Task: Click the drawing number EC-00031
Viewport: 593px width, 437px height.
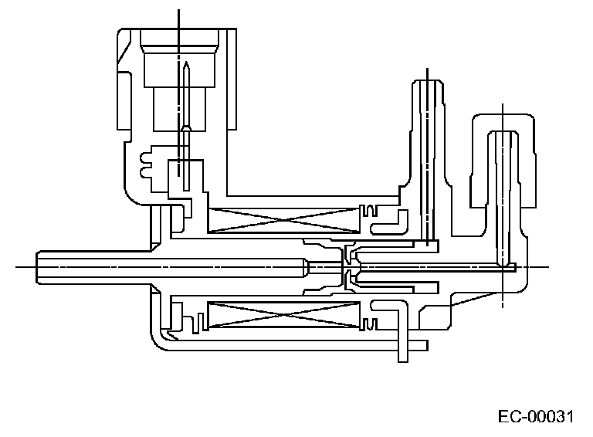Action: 536,418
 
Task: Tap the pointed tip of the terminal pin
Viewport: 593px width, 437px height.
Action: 187,63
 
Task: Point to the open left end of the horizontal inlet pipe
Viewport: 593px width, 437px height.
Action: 37,266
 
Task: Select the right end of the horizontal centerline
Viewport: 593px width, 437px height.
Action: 548,266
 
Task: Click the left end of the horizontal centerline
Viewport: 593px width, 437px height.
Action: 17,266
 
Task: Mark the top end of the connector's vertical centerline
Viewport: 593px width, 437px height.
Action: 178,11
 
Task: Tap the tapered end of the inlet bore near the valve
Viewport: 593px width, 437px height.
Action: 307,266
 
